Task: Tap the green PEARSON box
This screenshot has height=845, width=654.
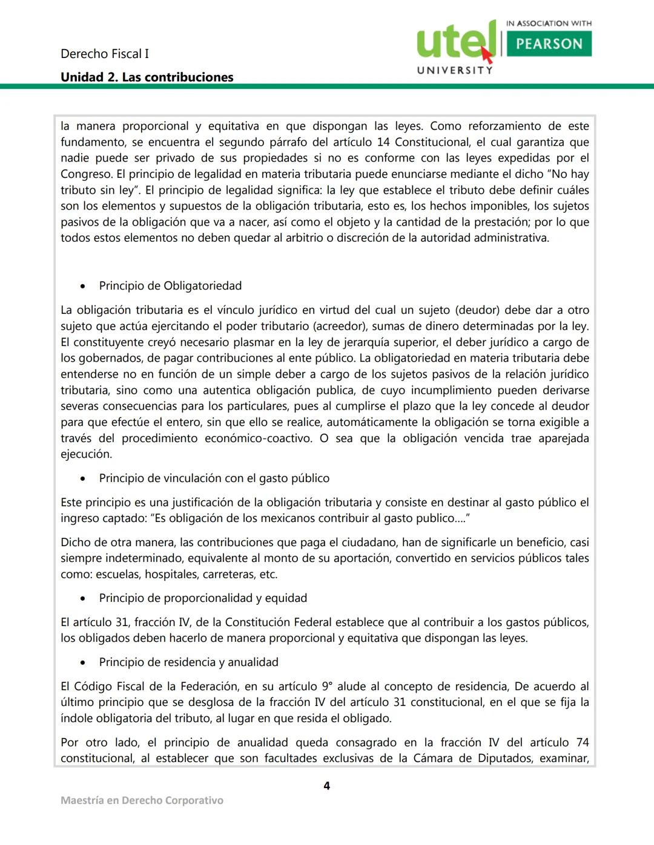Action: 549,44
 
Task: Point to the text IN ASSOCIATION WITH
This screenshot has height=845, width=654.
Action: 549,24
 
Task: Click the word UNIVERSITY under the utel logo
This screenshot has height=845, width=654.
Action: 455,70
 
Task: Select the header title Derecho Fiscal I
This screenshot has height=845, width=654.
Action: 104,54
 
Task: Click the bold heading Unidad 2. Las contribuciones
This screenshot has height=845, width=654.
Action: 147,77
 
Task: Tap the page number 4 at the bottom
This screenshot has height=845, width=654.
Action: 327,786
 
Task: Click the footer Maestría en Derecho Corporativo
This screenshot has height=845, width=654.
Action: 142,800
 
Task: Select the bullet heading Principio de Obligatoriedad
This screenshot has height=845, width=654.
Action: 170,285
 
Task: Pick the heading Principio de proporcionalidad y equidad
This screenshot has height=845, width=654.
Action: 203,598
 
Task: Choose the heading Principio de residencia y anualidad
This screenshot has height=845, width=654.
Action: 188,662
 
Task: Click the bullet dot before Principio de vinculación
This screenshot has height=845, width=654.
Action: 83,478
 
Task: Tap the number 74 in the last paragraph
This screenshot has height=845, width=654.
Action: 582,742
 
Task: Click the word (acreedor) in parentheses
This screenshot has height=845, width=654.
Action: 339,326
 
